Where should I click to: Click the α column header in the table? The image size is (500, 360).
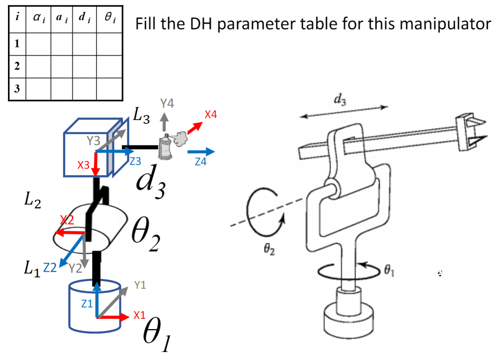click(x=38, y=18)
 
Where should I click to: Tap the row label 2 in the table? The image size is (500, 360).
click(x=17, y=66)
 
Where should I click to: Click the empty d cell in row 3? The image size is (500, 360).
click(x=84, y=89)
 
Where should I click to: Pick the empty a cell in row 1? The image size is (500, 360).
click(x=62, y=44)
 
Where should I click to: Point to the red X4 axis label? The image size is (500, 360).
click(x=211, y=114)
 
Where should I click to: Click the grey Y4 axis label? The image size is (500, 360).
click(x=167, y=103)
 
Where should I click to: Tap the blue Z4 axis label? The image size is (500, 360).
click(x=200, y=162)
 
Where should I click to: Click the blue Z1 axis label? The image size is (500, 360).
click(x=87, y=303)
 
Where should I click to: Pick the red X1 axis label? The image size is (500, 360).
click(x=139, y=315)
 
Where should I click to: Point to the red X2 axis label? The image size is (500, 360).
click(x=67, y=220)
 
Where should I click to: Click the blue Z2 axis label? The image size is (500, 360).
click(x=50, y=268)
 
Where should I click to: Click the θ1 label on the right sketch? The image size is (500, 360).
click(x=389, y=271)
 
